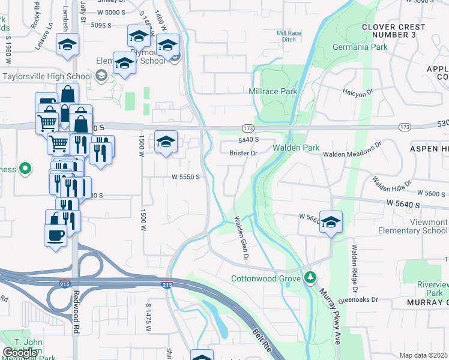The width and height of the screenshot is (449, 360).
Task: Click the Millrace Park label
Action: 273,91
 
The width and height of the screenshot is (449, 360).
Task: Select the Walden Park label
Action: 295,148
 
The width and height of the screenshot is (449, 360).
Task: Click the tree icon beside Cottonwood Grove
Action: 310,278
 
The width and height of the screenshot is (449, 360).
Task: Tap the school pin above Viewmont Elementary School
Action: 331,222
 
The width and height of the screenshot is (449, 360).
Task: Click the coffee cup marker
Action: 56,235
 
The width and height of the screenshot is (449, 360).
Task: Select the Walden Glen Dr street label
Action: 241,238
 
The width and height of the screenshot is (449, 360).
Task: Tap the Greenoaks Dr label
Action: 358,299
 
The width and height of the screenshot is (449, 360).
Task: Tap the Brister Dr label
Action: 243,153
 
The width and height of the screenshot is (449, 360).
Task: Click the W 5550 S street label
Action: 185,177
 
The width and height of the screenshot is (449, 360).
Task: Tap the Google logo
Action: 20,353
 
